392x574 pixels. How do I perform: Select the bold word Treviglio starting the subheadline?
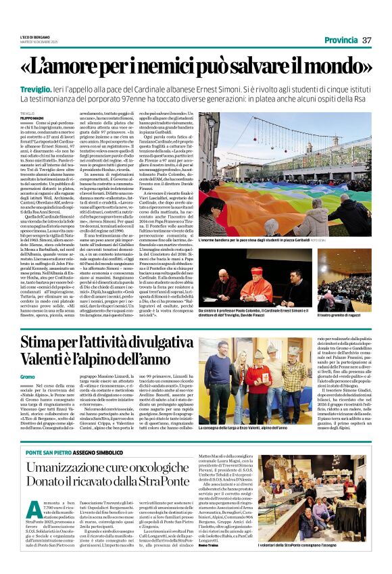(35, 89)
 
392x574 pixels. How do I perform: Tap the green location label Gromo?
(27, 375)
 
